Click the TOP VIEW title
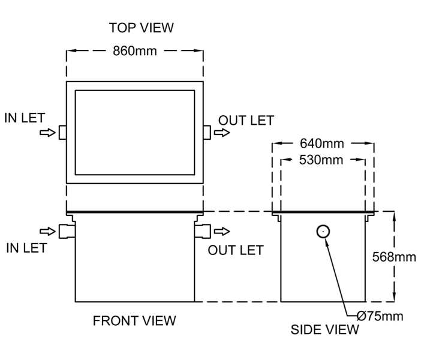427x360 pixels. click(141, 28)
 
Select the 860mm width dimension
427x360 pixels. click(135, 51)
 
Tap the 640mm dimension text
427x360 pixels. click(322, 144)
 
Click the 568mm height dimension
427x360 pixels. click(393, 257)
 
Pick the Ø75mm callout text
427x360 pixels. click(380, 316)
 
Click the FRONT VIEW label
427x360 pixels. click(134, 321)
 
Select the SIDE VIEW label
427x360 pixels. click(325, 329)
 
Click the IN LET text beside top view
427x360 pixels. click(25, 118)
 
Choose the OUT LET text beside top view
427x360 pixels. click(246, 121)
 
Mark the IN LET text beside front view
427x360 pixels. click(26, 248)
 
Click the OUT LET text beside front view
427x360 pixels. click(236, 250)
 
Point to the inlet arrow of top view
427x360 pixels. click(47, 133)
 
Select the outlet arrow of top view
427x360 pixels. click(221, 133)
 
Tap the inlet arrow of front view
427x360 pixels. click(47, 231)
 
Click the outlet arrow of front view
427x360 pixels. click(222, 231)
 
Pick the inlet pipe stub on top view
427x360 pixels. click(62, 133)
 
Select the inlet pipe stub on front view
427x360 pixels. click(66, 230)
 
